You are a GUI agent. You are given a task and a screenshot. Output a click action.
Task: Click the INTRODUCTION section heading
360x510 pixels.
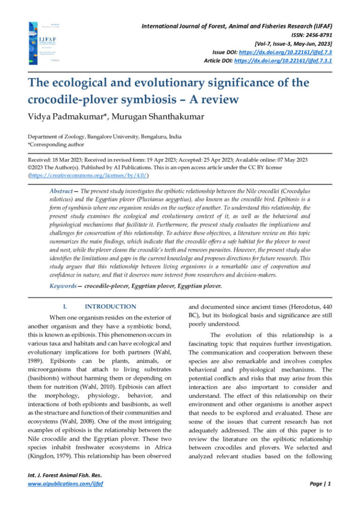(111, 306)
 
